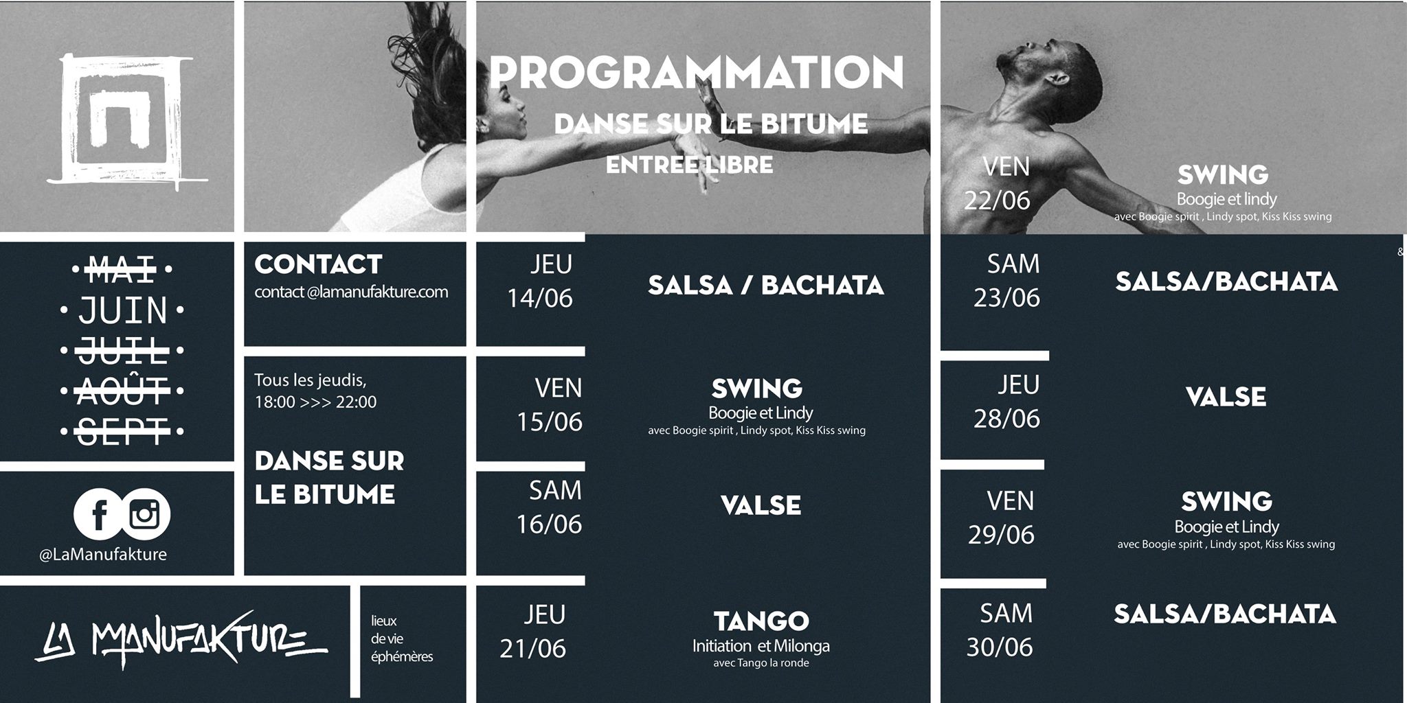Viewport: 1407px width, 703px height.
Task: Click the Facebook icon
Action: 98,514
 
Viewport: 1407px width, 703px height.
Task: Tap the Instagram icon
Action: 146,514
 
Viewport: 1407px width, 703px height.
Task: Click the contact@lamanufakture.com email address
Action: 351,292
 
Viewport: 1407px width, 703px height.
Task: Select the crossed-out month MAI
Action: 123,268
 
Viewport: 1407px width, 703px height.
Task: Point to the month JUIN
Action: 123,310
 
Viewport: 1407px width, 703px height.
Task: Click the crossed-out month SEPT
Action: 123,431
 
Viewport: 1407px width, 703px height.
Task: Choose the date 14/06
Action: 540,298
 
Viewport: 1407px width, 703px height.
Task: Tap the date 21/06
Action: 533,649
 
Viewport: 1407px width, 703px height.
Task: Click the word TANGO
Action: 761,621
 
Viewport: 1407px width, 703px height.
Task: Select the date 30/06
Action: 1000,647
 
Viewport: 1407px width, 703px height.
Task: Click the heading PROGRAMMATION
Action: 696,73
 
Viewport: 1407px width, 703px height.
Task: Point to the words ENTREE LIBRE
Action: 689,165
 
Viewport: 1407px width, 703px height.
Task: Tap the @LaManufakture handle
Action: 103,555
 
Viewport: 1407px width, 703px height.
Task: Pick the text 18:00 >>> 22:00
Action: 315,402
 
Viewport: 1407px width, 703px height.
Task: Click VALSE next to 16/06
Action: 761,506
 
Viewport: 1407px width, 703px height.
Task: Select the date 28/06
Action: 1006,419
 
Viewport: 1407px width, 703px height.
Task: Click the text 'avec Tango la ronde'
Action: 761,663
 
